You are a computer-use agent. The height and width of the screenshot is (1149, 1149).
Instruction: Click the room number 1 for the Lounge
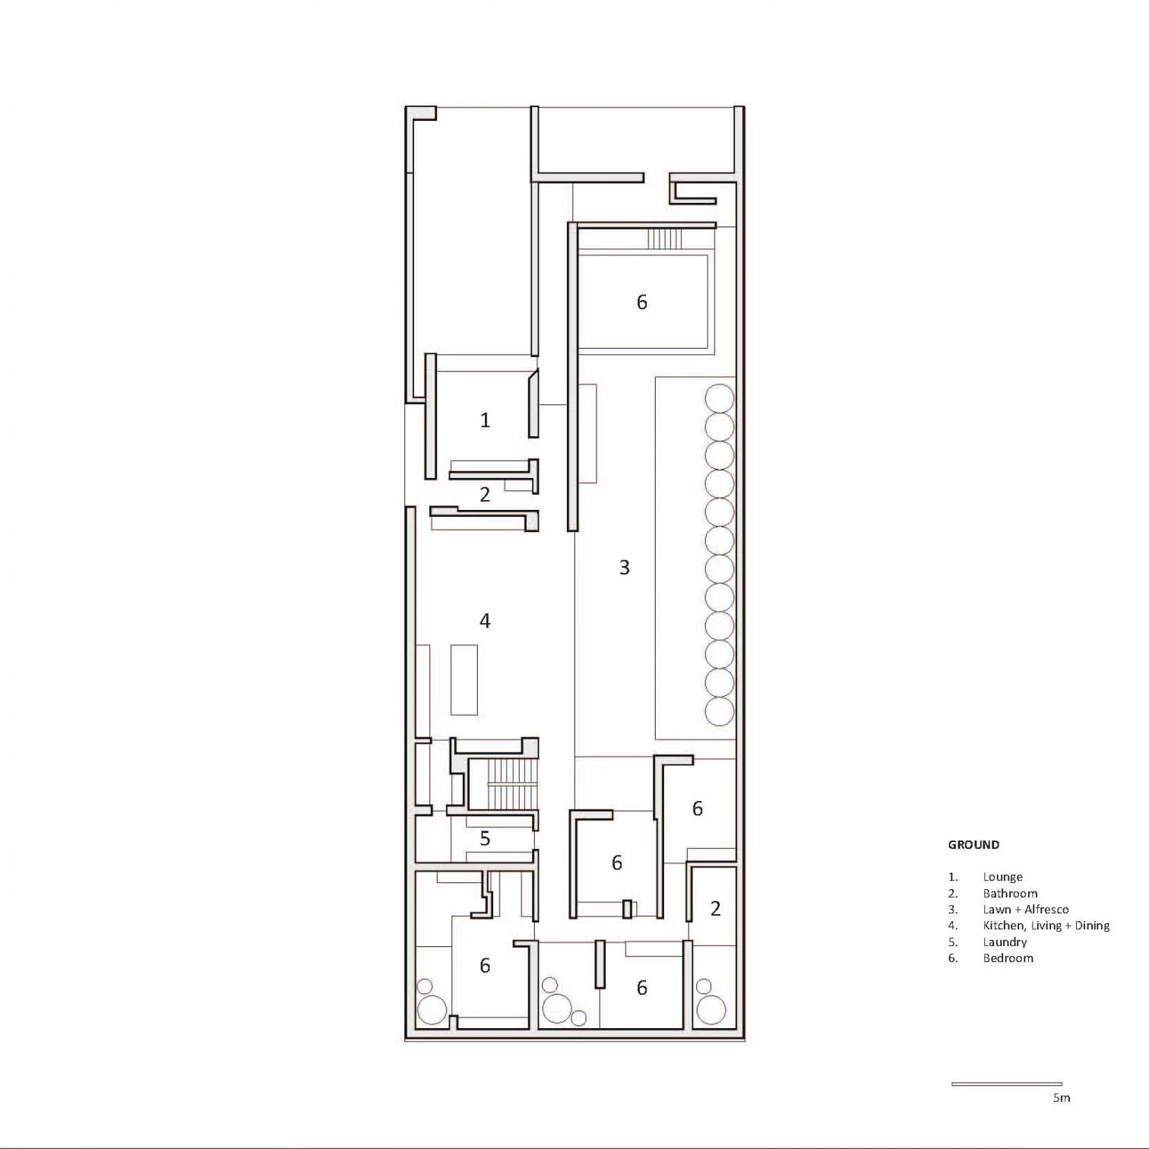tap(485, 419)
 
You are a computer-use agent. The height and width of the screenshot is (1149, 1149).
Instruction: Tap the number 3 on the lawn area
tap(625, 567)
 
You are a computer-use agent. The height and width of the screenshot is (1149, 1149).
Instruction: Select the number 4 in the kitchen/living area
tap(485, 621)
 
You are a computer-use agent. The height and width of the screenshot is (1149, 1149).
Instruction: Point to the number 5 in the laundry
tap(485, 838)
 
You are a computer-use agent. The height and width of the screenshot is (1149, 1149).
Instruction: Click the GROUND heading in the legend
tap(973, 844)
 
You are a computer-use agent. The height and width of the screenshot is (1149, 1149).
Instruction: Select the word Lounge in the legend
tap(1003, 877)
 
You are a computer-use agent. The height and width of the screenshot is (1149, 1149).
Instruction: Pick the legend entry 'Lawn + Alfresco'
tap(1026, 910)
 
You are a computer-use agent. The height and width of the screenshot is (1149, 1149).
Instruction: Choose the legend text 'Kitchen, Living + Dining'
tap(1046, 926)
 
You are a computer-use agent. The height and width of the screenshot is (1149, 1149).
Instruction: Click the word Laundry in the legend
tap(1005, 942)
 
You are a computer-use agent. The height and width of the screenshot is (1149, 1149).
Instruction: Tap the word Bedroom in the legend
tap(1008, 958)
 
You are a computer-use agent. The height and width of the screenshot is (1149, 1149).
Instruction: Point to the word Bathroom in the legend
tap(1010, 894)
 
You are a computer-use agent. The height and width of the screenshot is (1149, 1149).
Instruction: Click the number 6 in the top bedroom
tap(642, 302)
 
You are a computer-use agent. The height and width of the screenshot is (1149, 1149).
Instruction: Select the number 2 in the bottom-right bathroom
tap(715, 907)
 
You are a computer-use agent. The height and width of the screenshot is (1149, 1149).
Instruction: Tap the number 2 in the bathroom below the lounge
tap(485, 495)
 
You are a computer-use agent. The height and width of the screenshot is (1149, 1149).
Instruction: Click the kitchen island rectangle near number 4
tap(464, 679)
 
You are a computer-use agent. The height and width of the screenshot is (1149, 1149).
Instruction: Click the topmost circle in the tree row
tap(719, 398)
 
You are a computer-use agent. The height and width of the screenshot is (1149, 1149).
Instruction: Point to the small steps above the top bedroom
tap(660, 239)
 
